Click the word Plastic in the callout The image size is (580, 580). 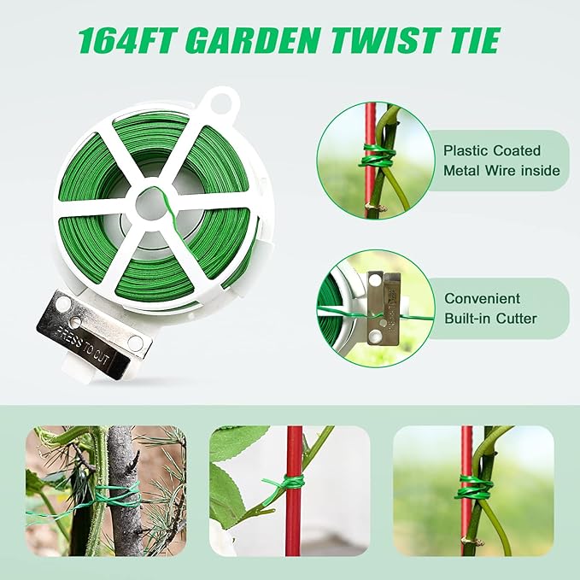point(466,149)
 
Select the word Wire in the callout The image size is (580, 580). point(514,171)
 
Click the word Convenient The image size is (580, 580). point(483,299)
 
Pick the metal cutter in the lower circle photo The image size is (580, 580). point(380,303)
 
